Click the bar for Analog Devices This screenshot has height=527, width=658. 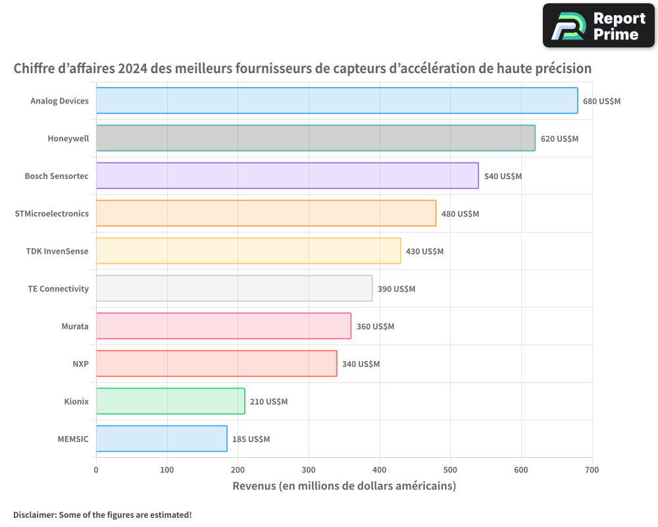coord(337,101)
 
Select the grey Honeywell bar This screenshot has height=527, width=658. coord(316,138)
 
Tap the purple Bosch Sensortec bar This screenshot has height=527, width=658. coord(288,176)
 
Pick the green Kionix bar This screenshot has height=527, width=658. coord(170,401)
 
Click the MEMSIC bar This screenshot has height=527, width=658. coord(162,439)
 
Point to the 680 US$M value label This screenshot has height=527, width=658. coord(601,101)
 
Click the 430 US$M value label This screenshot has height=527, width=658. coord(424,252)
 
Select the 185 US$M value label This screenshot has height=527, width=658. coord(251,439)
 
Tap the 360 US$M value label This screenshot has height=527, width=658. coord(375,327)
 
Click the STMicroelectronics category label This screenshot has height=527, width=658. coord(51,213)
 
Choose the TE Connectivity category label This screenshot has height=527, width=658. coord(58,289)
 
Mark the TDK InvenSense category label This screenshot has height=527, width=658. coord(57,251)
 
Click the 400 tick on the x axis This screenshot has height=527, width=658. coord(380,470)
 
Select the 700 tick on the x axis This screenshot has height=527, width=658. coord(592,470)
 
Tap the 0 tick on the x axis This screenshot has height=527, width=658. coord(96,470)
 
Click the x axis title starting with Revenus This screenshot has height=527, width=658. coord(344,486)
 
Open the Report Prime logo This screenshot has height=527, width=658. coord(598,26)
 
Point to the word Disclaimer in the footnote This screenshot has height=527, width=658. coord(34,514)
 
